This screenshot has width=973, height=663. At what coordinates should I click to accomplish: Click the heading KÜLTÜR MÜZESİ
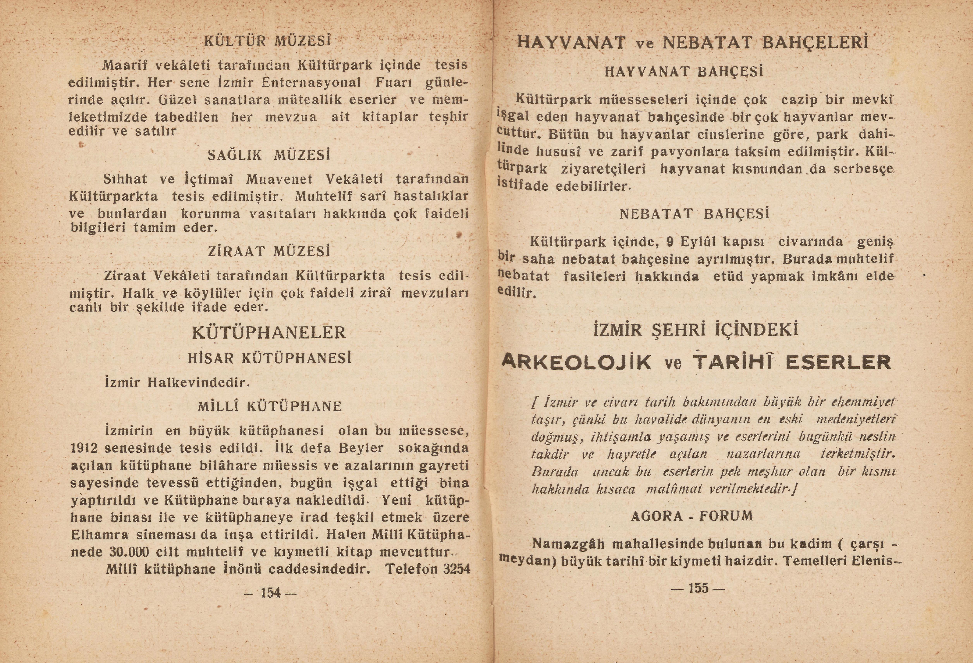point(267,41)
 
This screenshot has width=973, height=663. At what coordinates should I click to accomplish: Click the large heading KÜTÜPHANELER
point(269,333)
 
